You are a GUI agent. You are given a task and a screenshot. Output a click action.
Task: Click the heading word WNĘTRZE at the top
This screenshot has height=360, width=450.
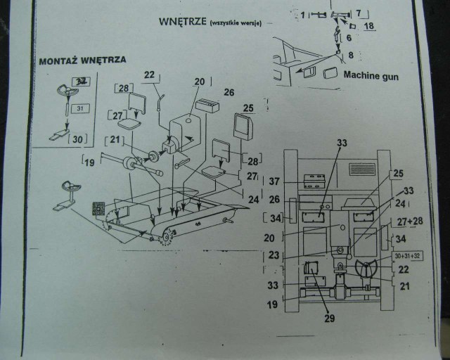(x=182, y=21)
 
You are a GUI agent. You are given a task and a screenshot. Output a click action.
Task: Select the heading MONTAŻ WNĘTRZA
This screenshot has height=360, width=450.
(x=82, y=60)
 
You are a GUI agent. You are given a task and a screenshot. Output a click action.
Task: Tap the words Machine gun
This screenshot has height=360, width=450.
(x=371, y=75)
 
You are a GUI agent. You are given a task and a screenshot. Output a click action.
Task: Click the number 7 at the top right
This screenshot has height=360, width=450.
(x=357, y=13)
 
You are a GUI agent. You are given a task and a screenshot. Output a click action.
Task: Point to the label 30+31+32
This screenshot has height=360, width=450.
(x=405, y=255)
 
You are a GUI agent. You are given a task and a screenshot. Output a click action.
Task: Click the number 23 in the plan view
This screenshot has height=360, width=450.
(x=275, y=255)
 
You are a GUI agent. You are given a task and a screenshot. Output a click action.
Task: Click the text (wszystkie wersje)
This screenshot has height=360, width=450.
(x=236, y=23)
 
